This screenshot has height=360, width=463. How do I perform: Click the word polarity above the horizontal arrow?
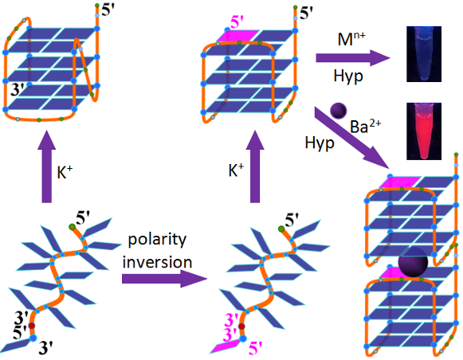click(157, 241)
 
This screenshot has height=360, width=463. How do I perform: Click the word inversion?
click(157, 262)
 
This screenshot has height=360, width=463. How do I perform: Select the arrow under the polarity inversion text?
click(165, 278)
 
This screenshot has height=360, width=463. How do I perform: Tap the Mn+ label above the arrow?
click(351, 39)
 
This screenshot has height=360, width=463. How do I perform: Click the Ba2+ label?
click(365, 127)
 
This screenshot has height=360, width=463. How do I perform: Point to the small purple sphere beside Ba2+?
click(338, 111)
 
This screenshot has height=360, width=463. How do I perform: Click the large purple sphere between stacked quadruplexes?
click(413, 263)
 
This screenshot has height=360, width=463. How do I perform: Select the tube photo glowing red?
click(424, 131)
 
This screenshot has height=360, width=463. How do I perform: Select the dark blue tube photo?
click(424, 54)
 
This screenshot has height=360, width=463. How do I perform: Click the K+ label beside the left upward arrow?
click(65, 172)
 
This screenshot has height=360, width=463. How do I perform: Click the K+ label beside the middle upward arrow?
click(236, 170)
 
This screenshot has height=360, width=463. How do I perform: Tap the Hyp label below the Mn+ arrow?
click(348, 76)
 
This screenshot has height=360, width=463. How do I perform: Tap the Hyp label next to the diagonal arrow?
click(320, 143)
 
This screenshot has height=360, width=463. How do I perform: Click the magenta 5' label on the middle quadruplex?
click(237, 22)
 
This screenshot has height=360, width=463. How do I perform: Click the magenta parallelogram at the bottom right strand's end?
click(225, 346)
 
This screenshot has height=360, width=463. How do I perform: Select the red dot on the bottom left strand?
click(31, 326)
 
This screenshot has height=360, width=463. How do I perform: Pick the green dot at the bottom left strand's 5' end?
click(72, 227)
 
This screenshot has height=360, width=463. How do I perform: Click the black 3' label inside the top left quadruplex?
click(17, 89)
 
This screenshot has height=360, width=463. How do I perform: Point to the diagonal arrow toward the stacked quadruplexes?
click(352, 139)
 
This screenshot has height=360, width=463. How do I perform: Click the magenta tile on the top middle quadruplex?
click(238, 36)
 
